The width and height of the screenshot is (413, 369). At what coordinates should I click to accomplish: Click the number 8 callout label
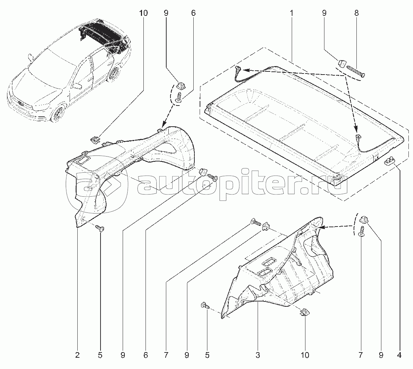356,13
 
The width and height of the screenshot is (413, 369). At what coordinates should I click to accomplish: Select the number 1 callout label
291,13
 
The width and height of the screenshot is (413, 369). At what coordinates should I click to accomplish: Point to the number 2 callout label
77,356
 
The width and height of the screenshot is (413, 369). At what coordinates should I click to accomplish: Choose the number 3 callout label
258,356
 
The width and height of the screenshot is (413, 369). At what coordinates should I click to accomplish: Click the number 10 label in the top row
143,13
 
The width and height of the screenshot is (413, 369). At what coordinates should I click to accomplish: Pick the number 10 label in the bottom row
305,356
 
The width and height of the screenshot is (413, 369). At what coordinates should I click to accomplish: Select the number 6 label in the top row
193,13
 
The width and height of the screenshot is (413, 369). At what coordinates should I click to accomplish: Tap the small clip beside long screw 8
342,63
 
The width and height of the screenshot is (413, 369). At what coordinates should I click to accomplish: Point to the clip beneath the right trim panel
304,312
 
